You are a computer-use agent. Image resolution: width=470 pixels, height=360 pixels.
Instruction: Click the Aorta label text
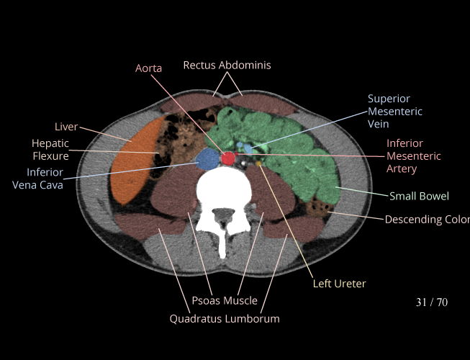148,68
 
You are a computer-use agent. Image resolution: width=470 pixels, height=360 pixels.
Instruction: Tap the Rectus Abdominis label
227,65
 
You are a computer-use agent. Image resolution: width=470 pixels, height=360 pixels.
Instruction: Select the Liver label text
66,127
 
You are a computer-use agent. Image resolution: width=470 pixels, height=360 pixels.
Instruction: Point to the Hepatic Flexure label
50,149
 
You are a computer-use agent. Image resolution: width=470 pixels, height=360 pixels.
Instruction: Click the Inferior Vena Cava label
45,179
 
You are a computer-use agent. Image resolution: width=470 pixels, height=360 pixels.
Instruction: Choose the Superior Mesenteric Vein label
394,111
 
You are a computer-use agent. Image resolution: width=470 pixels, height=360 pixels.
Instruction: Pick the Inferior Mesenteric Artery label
413,156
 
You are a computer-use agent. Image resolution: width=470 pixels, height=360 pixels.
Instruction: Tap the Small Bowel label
419,196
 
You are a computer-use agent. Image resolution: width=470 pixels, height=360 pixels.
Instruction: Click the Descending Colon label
426,219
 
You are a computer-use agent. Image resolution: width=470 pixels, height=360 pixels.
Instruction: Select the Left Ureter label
339,284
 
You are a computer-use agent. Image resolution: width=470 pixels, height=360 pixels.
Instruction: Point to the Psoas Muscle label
225,300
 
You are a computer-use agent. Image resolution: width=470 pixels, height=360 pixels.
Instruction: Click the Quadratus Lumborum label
225,318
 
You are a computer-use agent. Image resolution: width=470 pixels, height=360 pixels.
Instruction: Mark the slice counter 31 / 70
431,302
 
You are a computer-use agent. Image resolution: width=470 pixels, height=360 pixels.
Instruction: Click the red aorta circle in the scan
229,158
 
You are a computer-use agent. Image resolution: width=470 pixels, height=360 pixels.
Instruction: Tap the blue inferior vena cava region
208,158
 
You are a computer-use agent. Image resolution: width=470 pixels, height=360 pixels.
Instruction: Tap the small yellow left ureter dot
258,164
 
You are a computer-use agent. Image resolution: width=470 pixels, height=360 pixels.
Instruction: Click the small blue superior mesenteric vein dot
248,148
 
